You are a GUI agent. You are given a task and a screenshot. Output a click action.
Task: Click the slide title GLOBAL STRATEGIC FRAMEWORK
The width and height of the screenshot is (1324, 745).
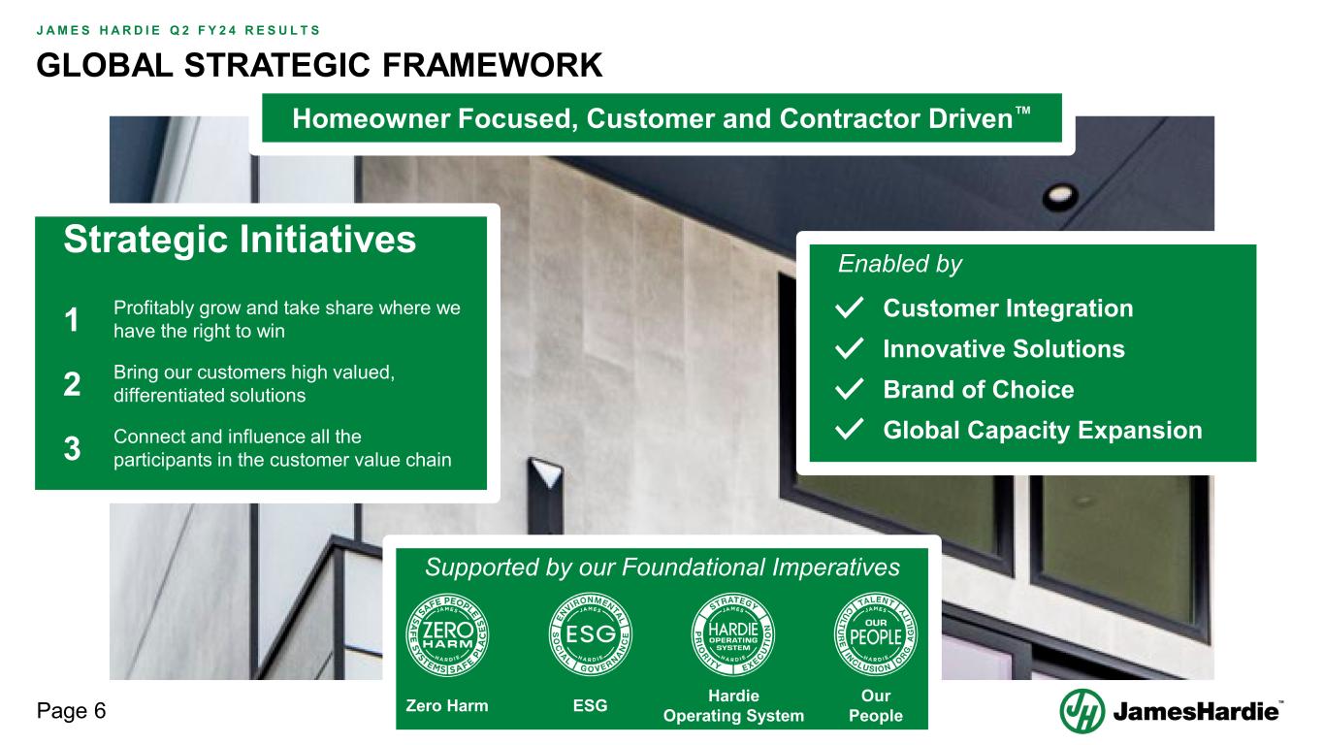coord(319,65)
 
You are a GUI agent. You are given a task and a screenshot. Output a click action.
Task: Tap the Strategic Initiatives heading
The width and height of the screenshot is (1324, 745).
coord(240,241)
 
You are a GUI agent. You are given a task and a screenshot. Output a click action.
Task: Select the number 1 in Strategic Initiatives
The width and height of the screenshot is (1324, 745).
coord(73,321)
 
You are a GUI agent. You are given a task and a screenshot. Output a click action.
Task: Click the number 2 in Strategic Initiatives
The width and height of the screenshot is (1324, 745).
coord(73,385)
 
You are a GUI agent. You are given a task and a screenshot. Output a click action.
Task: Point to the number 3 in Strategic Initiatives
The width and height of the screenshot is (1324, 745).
coord(73,449)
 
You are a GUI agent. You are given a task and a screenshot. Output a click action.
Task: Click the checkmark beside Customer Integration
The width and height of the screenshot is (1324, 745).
coord(850,308)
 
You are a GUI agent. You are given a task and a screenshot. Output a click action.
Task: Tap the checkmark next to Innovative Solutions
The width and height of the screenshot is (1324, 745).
coord(850,349)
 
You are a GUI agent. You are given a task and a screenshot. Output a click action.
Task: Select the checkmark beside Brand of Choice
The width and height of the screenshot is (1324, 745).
coord(850,390)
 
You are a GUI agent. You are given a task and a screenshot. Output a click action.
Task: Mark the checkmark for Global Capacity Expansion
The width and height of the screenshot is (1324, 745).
coord(850,431)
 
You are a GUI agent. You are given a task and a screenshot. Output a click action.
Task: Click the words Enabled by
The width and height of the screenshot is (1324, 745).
coord(899,264)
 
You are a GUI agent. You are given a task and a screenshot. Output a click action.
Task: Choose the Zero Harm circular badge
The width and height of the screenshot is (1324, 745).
coord(446,634)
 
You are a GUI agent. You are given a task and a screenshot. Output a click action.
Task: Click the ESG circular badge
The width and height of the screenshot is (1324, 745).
coord(591,634)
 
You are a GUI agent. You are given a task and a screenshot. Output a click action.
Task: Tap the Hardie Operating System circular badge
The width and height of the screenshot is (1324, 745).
coord(733,634)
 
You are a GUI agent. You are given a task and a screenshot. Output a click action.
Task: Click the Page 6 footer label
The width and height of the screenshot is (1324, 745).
coord(71,711)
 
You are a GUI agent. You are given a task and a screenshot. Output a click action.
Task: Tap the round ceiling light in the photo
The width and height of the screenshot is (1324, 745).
coord(1053,196)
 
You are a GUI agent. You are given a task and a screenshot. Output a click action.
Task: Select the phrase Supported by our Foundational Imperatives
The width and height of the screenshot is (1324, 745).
coord(662,567)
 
